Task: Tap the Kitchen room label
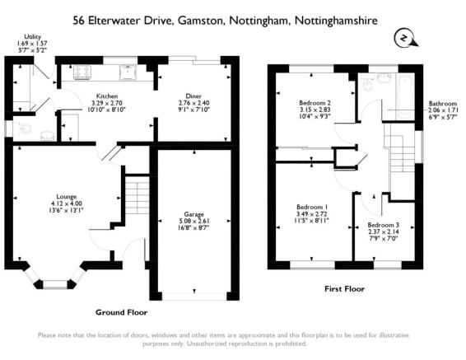(107, 96)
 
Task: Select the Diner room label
(193, 96)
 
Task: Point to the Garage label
(193, 214)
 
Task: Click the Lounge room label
(67, 197)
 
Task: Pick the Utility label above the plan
(32, 37)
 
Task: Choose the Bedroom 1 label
(312, 207)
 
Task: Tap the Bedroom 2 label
(315, 103)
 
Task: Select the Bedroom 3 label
(383, 225)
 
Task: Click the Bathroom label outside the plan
(443, 104)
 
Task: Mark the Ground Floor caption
(121, 312)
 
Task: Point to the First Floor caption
(344, 288)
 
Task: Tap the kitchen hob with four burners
(82, 72)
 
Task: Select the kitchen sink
(128, 72)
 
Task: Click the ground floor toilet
(25, 129)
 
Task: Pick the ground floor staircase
(137, 195)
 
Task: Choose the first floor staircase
(400, 147)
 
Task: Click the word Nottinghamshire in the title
(336, 21)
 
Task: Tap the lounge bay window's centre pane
(55, 284)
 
